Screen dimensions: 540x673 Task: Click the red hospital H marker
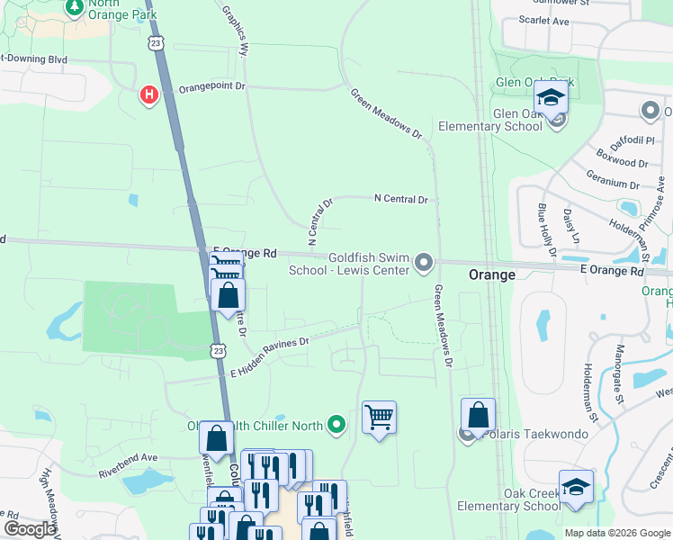point(149,94)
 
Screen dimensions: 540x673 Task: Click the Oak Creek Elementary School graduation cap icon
point(576,487)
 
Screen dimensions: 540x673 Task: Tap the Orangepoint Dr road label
point(212,88)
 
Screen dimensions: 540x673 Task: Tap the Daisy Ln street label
point(570,227)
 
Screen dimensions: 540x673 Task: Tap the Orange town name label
point(492,274)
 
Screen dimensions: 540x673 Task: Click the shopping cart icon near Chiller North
point(380,417)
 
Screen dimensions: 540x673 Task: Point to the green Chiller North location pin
point(336,422)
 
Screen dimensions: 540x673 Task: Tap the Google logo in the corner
point(30,529)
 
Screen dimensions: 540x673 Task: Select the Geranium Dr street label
point(612,183)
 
